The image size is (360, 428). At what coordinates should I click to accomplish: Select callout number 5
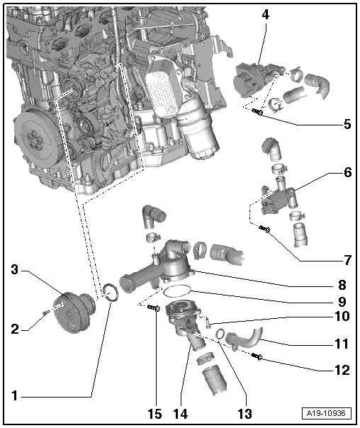click(x=347, y=124)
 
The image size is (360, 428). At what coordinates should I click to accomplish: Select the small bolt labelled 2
click(x=44, y=310)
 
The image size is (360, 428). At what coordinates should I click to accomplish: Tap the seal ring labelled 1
click(x=111, y=292)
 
